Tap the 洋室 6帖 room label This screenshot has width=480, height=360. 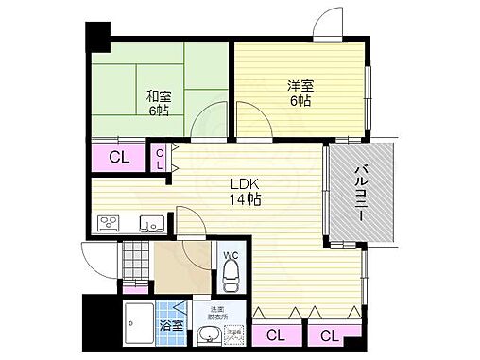pyautogui.click(x=300, y=94)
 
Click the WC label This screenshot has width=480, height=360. pyautogui.click(x=230, y=255)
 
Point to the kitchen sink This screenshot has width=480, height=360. pyautogui.click(x=150, y=224)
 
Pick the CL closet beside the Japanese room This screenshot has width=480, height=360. pyautogui.click(x=120, y=157)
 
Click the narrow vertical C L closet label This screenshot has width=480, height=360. pyautogui.click(x=160, y=158)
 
